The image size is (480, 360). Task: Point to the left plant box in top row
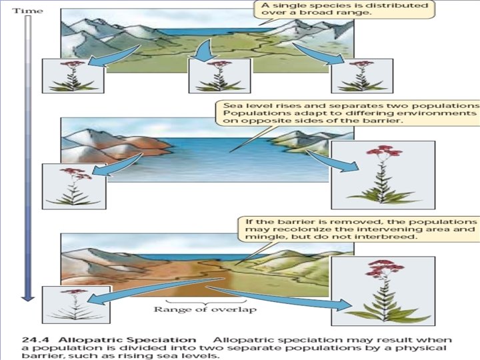(x=73, y=75)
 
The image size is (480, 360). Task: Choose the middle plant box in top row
(x=219, y=75)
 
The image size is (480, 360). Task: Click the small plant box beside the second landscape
(x=75, y=185)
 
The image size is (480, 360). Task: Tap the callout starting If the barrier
(x=358, y=229)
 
